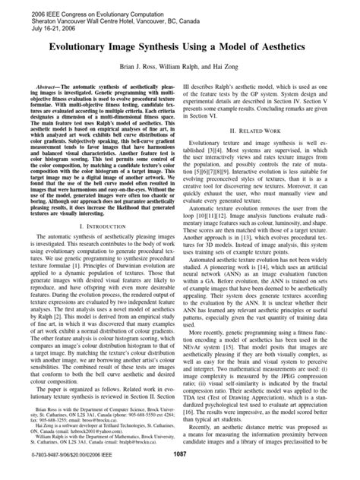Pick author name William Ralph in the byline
coord(187,67)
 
